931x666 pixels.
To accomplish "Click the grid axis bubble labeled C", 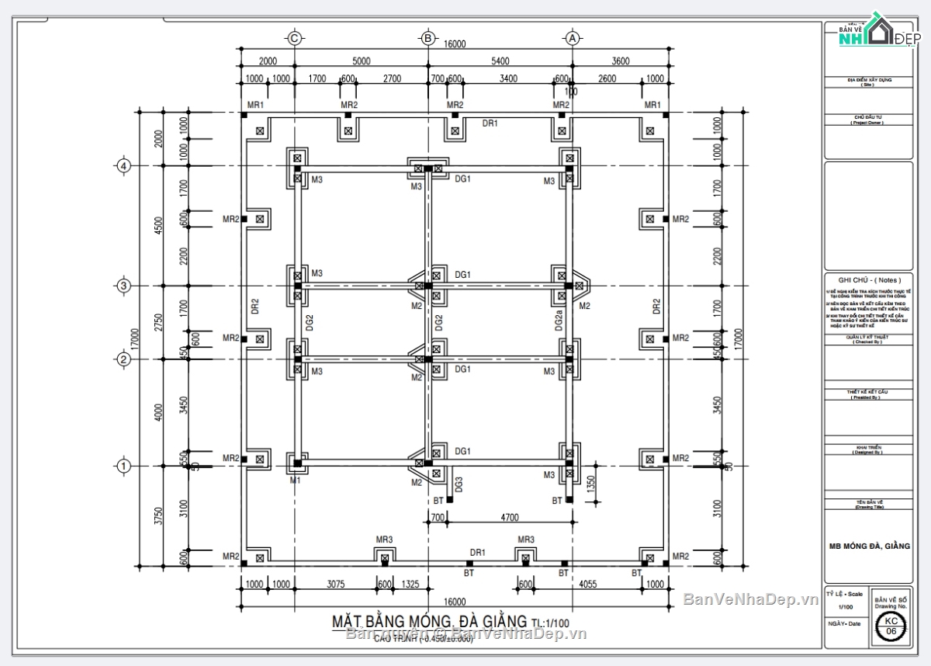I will click(294, 37).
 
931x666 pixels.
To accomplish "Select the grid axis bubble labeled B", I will click(427, 37).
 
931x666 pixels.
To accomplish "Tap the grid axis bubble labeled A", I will click(573, 37).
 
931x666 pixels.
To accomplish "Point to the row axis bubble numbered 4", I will click(123, 165).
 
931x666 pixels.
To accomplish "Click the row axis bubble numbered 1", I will click(123, 466).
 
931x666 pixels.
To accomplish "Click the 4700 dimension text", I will click(510, 517).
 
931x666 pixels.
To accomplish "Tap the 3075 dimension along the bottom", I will click(335, 584).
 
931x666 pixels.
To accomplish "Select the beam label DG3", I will click(459, 485).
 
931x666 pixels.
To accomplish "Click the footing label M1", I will click(295, 481).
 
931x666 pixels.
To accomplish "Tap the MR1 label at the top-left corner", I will click(256, 105).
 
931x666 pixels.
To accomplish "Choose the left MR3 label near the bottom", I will click(384, 539).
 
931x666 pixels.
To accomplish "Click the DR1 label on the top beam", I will click(490, 123).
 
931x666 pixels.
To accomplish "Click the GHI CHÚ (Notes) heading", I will click(868, 279).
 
